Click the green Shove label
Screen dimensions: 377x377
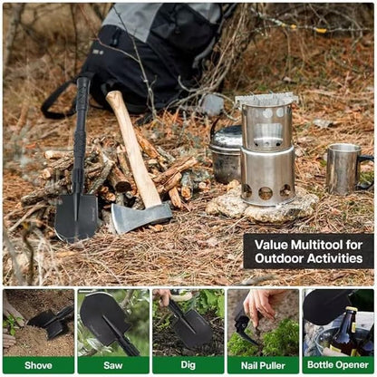point(38,365)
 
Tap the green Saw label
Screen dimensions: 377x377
point(113,365)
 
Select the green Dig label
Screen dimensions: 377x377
point(188,365)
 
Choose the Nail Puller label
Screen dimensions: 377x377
point(263,365)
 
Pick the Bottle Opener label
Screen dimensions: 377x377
point(338,365)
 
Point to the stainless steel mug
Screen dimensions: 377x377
point(343,169)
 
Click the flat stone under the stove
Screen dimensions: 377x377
point(263,207)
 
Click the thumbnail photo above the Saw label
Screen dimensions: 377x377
point(113,322)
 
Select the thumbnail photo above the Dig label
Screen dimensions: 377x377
point(188,322)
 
